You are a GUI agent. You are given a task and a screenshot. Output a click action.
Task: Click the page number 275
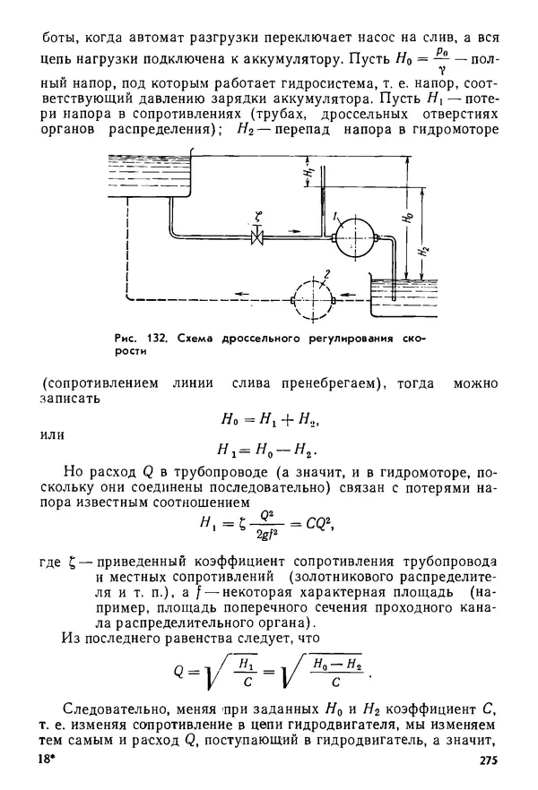pos(481,760)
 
